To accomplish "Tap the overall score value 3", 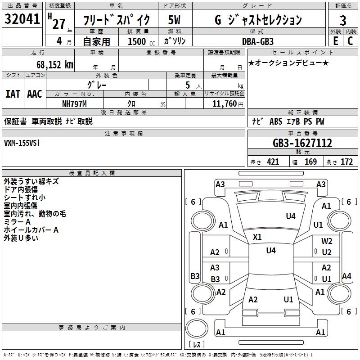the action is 343,20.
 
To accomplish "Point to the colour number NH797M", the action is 74,104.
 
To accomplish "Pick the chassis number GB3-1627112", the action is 302,143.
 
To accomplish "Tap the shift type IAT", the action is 13,94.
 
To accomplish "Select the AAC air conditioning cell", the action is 35,94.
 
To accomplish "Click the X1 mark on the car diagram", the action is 257,237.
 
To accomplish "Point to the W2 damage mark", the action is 327,241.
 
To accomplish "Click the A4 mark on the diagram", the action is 346,276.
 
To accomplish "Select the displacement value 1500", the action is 137,41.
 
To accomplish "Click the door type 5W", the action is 175,20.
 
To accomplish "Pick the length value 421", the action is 273,162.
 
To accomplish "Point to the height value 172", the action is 346,162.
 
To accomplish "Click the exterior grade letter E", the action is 335,41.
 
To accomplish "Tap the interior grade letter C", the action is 350,41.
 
